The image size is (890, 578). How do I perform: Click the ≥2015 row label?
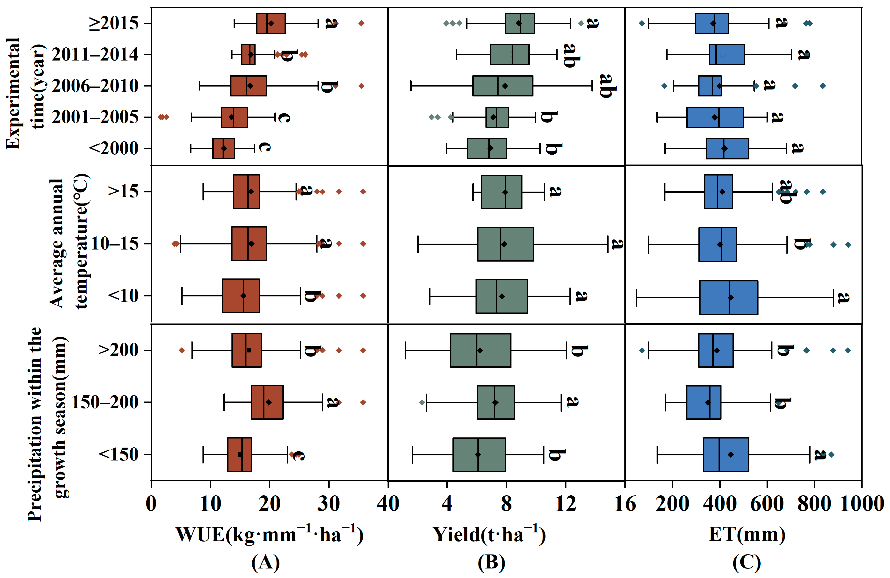pyautogui.click(x=113, y=23)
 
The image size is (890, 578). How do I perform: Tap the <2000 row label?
pyautogui.click(x=113, y=148)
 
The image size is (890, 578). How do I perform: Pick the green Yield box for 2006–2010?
pyautogui.click(x=502, y=86)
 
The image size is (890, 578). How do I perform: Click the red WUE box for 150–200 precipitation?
pyautogui.click(x=267, y=402)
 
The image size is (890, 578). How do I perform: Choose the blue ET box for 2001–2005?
pyautogui.click(x=715, y=117)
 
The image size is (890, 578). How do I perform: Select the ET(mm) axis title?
pyautogui.click(x=747, y=534)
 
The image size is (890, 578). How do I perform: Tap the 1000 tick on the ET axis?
pyautogui.click(x=861, y=504)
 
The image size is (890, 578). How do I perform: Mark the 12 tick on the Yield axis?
pyautogui.click(x=565, y=504)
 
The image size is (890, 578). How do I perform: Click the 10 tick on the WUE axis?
pyautogui.click(x=210, y=504)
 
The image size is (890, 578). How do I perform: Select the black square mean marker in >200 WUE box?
pyautogui.click(x=249, y=350)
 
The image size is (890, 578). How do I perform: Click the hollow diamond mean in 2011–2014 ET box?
pyautogui.click(x=723, y=55)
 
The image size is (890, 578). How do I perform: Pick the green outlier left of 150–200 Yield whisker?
pyautogui.click(x=422, y=402)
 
